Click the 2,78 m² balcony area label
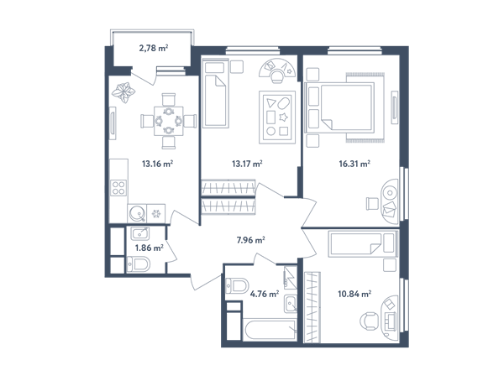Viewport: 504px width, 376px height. [154, 48]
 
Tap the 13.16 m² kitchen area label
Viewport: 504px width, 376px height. [158, 164]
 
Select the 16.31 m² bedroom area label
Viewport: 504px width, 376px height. [354, 164]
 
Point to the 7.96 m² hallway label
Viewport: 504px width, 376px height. [250, 240]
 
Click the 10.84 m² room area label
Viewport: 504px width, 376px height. [354, 294]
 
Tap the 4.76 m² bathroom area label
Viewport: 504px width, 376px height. [265, 294]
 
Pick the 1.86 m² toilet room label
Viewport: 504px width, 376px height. [150, 248]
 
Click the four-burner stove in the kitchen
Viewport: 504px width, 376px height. [118, 188]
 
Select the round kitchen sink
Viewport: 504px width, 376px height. [137, 213]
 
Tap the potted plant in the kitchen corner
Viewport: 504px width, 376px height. [123, 92]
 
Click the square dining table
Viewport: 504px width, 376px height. [169, 121]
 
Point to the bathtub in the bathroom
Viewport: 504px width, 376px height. [270, 330]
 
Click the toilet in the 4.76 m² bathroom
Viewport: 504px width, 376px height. [237, 285]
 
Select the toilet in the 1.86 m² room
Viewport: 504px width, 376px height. [139, 264]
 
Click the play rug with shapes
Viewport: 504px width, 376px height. [277, 117]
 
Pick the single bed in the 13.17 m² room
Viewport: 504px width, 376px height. [216, 93]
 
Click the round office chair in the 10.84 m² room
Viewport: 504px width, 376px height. [369, 321]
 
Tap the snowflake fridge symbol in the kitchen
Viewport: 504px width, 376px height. [156, 213]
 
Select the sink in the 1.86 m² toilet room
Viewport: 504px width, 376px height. [139, 233]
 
